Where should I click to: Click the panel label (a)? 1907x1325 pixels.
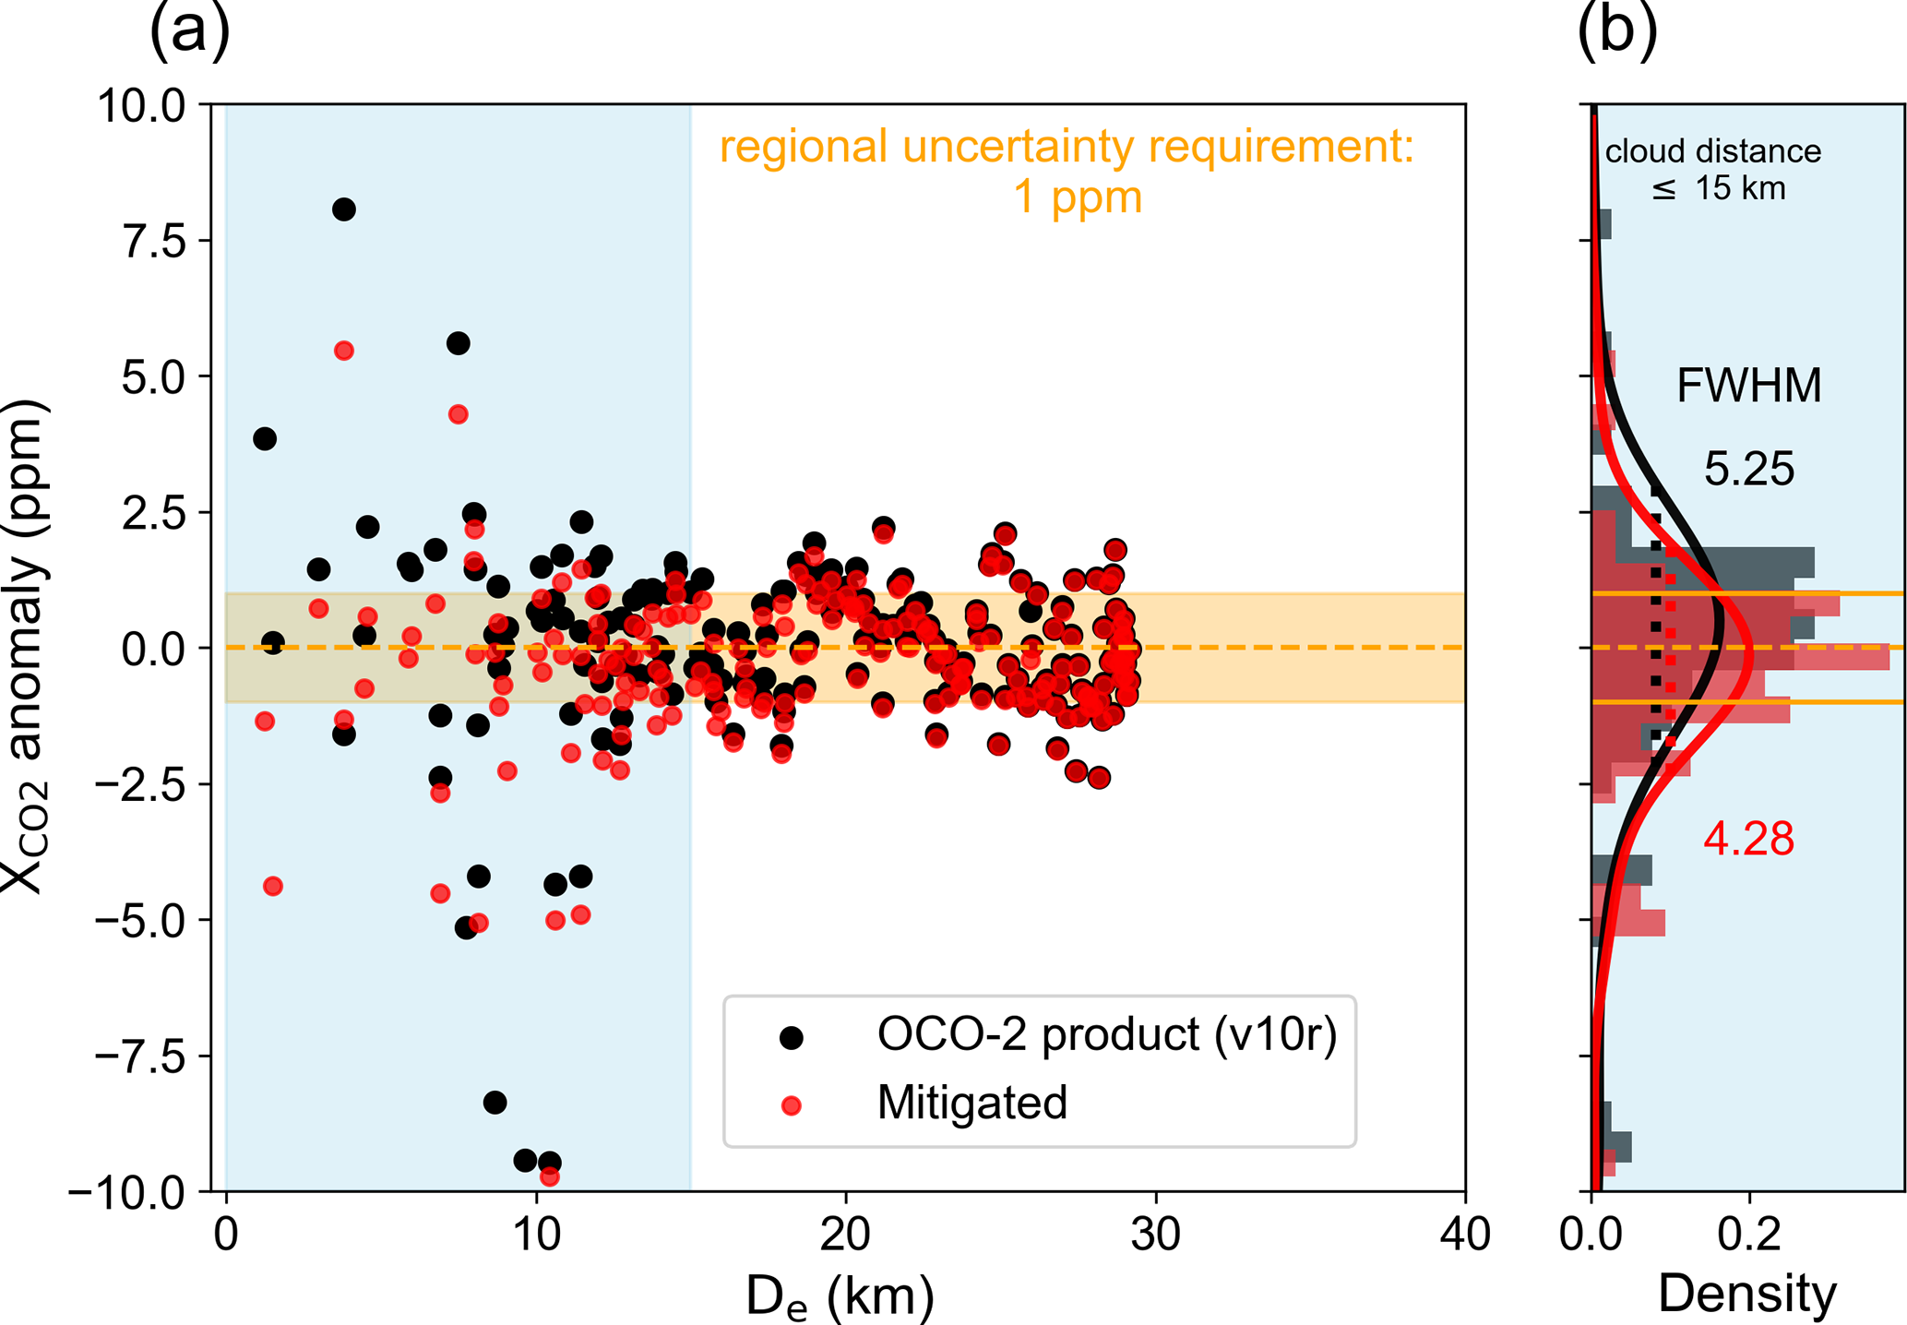pos(189,30)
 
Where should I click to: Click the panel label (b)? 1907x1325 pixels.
pos(1616,30)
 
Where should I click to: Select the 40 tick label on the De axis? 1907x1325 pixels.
pos(1464,1234)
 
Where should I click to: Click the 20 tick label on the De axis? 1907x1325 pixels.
pos(845,1234)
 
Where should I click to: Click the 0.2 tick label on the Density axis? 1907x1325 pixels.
pos(1749,1234)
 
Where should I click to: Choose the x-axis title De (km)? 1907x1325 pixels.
pos(840,1295)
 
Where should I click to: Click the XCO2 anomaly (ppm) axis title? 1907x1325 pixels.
pos(26,646)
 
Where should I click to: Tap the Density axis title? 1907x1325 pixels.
pos(1747,1294)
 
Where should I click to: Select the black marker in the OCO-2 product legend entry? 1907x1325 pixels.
pos(792,1037)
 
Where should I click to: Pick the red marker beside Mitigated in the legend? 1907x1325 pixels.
pos(792,1104)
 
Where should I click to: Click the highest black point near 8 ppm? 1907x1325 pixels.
pos(344,209)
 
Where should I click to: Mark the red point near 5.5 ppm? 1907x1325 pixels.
pos(344,351)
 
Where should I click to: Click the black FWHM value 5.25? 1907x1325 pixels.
pos(1749,470)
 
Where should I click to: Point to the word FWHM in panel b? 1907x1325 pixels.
pos(1749,386)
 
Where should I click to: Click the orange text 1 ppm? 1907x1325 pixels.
pos(1078,197)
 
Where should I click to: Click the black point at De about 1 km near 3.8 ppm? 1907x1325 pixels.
pos(265,438)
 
